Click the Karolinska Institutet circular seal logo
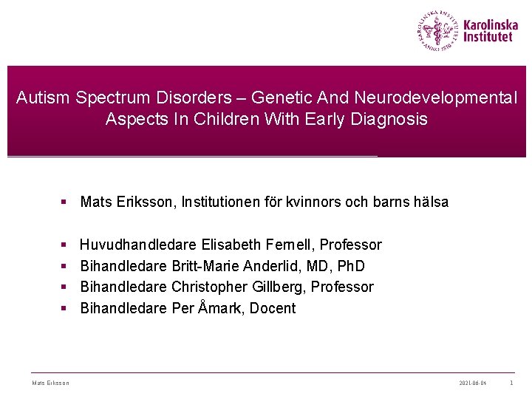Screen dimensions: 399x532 [x=437, y=30]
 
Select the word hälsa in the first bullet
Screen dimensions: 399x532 [x=429, y=202]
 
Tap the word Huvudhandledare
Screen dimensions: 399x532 [x=138, y=245]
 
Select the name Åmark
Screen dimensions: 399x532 [x=219, y=308]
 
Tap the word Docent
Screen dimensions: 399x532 [x=273, y=308]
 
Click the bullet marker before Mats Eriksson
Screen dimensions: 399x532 [x=65, y=202]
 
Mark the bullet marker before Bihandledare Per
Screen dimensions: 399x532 [x=65, y=309]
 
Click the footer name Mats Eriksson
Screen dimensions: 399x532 [x=51, y=383]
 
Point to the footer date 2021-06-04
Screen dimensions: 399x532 [x=473, y=383]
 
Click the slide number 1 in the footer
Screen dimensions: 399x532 [x=511, y=383]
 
